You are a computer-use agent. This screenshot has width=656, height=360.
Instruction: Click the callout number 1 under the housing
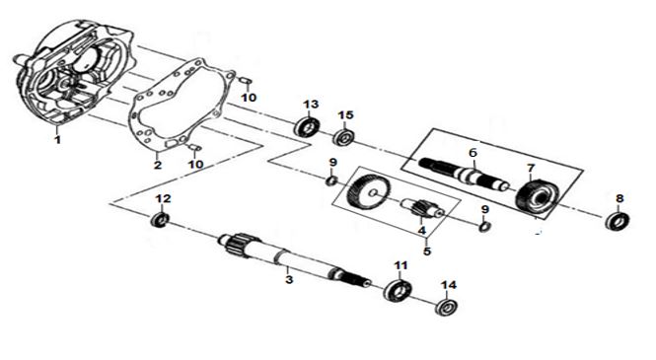pyautogui.click(x=57, y=139)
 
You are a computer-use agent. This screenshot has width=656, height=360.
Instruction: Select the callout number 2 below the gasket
pyautogui.click(x=157, y=165)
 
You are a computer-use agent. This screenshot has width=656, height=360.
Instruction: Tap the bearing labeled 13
pyautogui.click(x=307, y=126)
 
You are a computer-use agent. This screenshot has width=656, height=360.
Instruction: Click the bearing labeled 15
pyautogui.click(x=344, y=137)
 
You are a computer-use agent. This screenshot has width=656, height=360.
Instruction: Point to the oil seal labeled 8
pyautogui.click(x=618, y=221)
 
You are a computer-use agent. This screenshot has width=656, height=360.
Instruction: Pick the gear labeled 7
pyautogui.click(x=537, y=196)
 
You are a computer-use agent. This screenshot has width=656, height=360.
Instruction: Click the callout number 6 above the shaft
pyautogui.click(x=473, y=153)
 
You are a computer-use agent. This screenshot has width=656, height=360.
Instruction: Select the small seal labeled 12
pyautogui.click(x=160, y=220)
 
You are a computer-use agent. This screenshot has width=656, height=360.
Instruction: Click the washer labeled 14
pyautogui.click(x=447, y=308)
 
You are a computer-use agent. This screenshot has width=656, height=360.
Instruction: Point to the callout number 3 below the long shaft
pyautogui.click(x=289, y=279)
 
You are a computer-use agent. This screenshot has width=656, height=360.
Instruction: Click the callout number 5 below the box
pyautogui.click(x=427, y=252)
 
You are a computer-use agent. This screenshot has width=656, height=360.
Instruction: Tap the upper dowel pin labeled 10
pyautogui.click(x=246, y=81)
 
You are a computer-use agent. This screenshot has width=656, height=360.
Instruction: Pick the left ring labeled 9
pyautogui.click(x=331, y=180)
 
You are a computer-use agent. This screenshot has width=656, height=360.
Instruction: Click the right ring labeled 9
pyautogui.click(x=485, y=226)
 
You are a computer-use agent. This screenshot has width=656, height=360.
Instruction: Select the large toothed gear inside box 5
pyautogui.click(x=368, y=191)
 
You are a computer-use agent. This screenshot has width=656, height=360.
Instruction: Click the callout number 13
pyautogui.click(x=311, y=105)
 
